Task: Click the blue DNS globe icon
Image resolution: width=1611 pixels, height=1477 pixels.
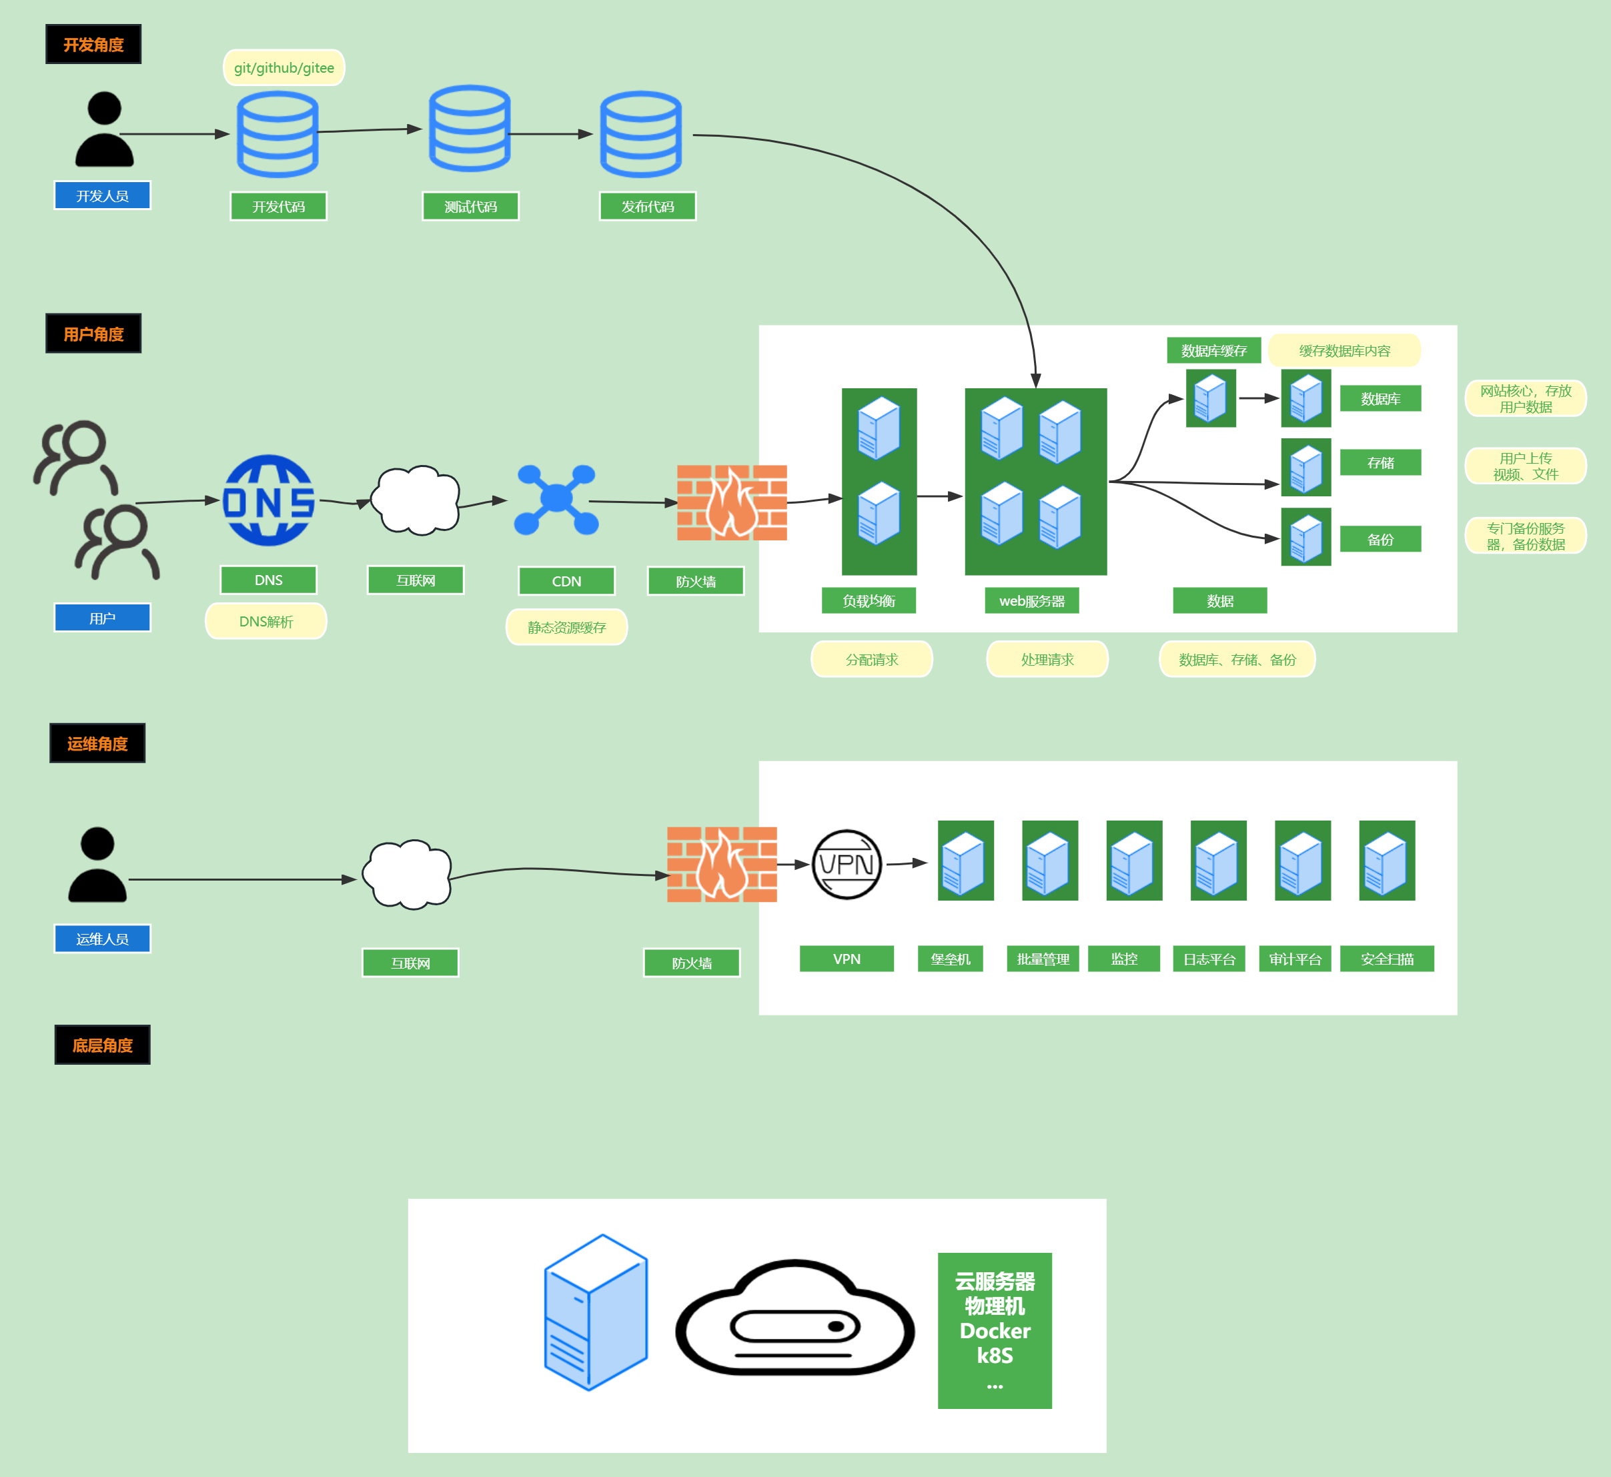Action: pyautogui.click(x=268, y=501)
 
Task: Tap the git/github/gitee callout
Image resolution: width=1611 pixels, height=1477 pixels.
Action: pyautogui.click(x=284, y=68)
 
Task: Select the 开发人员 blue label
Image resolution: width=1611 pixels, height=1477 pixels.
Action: pyautogui.click(x=102, y=196)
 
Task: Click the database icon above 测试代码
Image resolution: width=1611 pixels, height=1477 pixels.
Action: pyautogui.click(x=470, y=129)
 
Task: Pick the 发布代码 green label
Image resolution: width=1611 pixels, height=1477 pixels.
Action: pyautogui.click(x=647, y=206)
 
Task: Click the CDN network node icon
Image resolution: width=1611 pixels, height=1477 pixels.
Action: pyautogui.click(x=556, y=500)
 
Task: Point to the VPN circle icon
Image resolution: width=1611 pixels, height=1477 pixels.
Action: pyautogui.click(x=847, y=864)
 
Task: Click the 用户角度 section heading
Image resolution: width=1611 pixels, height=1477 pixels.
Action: pyautogui.click(x=93, y=334)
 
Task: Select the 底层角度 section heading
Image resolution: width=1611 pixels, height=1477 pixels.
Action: pyautogui.click(x=102, y=1045)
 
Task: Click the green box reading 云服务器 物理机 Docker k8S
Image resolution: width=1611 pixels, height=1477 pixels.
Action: pyautogui.click(x=995, y=1330)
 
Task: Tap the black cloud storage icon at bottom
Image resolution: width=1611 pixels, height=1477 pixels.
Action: pyautogui.click(x=795, y=1319)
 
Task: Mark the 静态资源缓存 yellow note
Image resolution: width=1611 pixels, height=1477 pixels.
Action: pyautogui.click(x=566, y=627)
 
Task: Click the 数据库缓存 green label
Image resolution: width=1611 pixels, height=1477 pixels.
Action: pyautogui.click(x=1214, y=351)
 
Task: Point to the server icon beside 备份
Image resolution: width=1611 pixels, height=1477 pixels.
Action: pyautogui.click(x=1305, y=537)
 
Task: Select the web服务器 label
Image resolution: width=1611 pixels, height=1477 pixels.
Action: pyautogui.click(x=1032, y=601)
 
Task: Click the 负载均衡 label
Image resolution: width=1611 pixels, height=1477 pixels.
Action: pyautogui.click(x=869, y=601)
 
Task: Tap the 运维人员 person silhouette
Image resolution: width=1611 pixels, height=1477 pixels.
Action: pyautogui.click(x=97, y=865)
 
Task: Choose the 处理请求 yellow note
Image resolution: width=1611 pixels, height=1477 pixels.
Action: pyautogui.click(x=1047, y=659)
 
